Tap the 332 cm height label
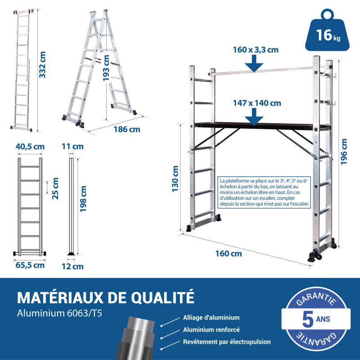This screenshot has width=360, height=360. pyautogui.click(x=42, y=64)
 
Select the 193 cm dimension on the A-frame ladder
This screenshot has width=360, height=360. pyautogui.click(x=106, y=68)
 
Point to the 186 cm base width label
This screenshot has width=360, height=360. pyautogui.click(x=127, y=130)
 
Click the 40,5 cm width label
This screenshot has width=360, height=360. pyautogui.click(x=30, y=147)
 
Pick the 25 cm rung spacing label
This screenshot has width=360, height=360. pyautogui.click(x=55, y=188)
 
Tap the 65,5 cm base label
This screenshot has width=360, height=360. pyautogui.click(x=30, y=265)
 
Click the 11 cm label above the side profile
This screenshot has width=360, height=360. pyautogui.click(x=72, y=147)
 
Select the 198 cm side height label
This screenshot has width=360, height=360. pyautogui.click(x=83, y=199)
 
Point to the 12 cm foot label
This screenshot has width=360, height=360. pyautogui.click(x=72, y=266)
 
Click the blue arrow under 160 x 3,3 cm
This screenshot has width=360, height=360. pyautogui.click(x=254, y=63)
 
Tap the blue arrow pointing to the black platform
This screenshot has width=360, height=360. pyautogui.click(x=254, y=117)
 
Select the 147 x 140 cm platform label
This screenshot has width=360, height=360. pyautogui.click(x=257, y=103)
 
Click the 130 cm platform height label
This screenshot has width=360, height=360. pyautogui.click(x=175, y=179)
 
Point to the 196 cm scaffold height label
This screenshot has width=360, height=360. pyautogui.click(x=344, y=152)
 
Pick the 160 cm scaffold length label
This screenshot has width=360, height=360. pyautogui.click(x=229, y=254)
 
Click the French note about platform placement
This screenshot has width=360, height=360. pyautogui.click(x=264, y=192)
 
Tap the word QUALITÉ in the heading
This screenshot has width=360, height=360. pyautogui.click(x=162, y=297)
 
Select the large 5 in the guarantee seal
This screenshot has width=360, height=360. pyautogui.click(x=308, y=319)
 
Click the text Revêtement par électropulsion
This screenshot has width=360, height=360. pyautogui.click(x=227, y=342)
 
